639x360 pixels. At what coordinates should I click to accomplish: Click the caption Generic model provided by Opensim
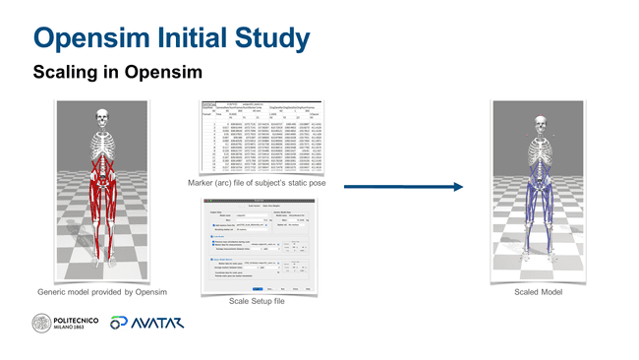pyautogui.click(x=101, y=292)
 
